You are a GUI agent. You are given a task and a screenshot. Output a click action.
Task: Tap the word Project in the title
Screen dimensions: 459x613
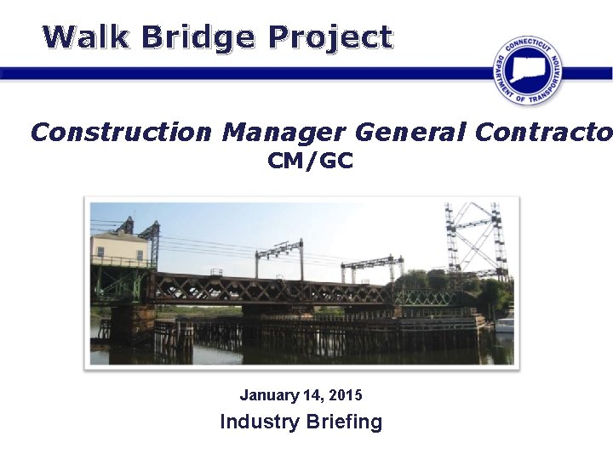[329, 37]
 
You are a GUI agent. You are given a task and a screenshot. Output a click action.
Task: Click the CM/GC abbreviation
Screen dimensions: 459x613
[310, 161]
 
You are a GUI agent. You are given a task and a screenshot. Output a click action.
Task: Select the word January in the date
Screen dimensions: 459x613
[268, 395]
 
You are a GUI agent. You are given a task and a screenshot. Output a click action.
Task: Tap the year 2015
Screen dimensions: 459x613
[346, 395]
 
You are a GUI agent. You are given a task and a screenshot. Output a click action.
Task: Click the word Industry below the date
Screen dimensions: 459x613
[257, 422]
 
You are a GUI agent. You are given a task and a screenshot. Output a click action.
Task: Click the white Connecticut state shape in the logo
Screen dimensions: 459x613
[528, 66]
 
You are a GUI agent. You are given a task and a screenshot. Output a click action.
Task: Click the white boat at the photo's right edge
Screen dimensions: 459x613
[505, 325]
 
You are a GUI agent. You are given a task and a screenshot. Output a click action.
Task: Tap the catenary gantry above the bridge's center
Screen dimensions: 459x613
[278, 252]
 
